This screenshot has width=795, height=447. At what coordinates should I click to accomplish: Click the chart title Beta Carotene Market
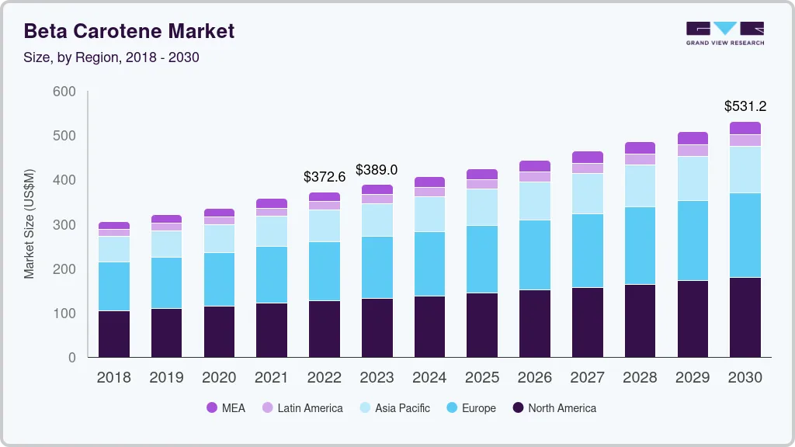(129, 32)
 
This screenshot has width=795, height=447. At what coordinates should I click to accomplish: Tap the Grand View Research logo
(724, 33)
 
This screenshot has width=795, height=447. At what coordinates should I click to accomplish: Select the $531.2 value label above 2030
(745, 106)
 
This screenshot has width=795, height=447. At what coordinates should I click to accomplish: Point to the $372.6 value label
(324, 177)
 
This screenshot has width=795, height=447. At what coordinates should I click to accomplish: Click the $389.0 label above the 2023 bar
(377, 169)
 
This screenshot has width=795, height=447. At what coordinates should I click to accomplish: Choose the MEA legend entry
(226, 408)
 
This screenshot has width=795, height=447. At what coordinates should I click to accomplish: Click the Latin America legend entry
(302, 408)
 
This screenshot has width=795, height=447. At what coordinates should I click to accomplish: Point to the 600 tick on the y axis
(64, 92)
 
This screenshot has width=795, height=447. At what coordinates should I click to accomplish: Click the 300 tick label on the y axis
(64, 225)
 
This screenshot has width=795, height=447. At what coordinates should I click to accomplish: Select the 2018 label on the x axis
(113, 378)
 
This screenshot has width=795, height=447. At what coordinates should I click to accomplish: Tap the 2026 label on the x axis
(534, 378)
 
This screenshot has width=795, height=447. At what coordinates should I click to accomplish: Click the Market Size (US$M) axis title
(30, 223)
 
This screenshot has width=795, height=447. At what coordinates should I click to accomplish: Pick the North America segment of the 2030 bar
(745, 317)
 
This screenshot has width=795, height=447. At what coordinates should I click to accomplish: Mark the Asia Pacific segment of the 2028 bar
(640, 186)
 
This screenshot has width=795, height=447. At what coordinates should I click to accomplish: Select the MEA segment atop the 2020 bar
(219, 213)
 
